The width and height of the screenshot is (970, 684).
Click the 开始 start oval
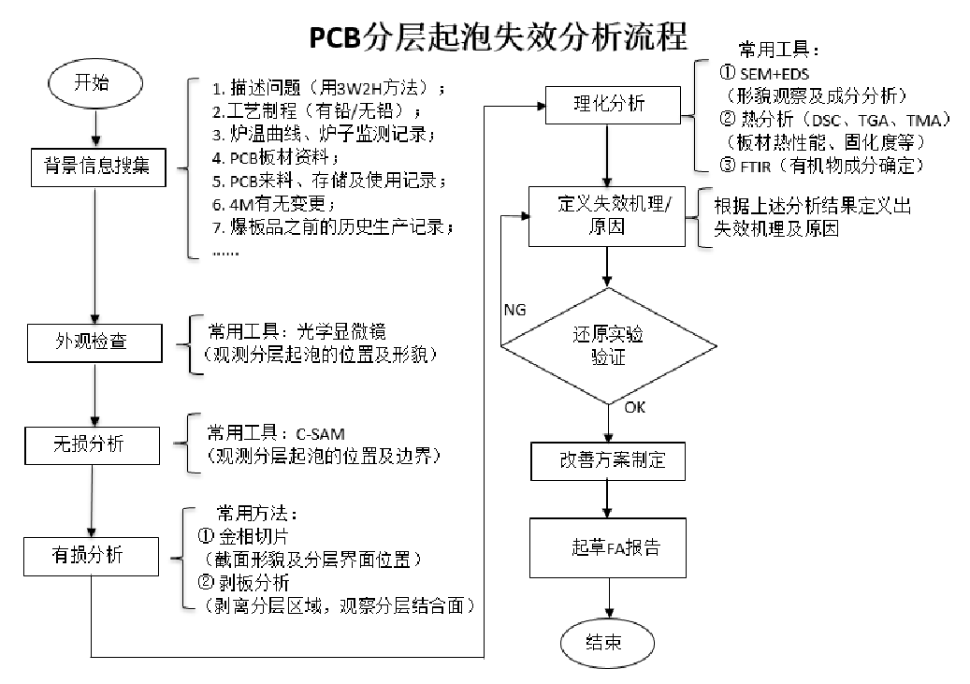pos(95,83)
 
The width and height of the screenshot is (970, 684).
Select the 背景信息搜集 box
pos(98,167)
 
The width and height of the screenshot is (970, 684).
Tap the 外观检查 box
pos(94,342)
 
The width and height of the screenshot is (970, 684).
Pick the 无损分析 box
pos(93,445)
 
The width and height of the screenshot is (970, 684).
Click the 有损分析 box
pos(91,557)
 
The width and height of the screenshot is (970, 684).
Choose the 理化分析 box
pos(613,105)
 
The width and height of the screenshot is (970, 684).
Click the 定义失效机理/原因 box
pos(607,217)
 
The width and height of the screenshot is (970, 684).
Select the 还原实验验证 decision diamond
pos(608,346)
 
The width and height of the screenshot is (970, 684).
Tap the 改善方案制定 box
pos(608,461)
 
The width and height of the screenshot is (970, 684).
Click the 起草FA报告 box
pos(608,548)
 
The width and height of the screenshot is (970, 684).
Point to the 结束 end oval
pos(607,644)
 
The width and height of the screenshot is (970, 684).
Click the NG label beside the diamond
pos(514,310)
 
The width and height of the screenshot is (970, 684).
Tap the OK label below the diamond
pos(635,407)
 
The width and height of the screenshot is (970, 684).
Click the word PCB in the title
pos(335,37)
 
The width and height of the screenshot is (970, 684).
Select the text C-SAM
pos(321,434)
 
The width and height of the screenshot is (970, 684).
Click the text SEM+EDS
pos(774,74)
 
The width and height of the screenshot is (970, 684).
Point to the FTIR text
pos(756,167)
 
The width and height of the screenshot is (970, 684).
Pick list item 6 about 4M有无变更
pos(273,204)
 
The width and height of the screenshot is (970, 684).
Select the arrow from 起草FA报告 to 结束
pos(609,599)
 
